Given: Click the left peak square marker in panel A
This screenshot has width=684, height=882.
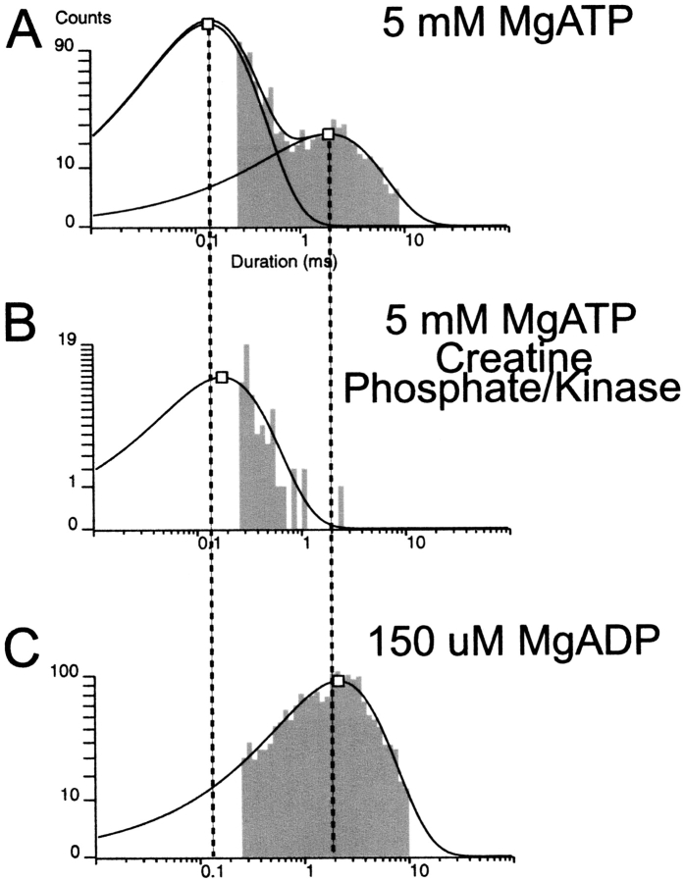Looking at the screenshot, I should pyautogui.click(x=207, y=24).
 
